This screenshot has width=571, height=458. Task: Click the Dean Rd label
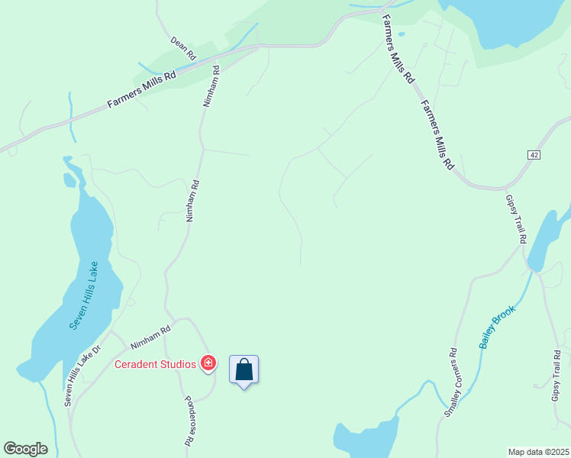[x=183, y=48]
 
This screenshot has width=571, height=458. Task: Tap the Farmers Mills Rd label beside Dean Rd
[x=141, y=90]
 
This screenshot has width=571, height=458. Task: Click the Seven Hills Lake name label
[x=83, y=296]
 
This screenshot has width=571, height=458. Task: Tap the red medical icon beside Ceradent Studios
[x=208, y=363]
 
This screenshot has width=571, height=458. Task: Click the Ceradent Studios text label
[x=156, y=364]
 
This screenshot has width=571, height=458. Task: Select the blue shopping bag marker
[x=244, y=370]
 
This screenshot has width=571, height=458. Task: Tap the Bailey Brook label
[x=498, y=327]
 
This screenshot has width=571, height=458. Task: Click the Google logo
[x=25, y=449]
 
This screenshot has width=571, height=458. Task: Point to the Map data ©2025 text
[x=538, y=451]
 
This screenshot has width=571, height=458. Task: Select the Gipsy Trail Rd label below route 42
[x=516, y=218]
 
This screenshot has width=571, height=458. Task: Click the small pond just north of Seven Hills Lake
[x=69, y=180]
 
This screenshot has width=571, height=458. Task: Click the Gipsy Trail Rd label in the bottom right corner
[x=556, y=376]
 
